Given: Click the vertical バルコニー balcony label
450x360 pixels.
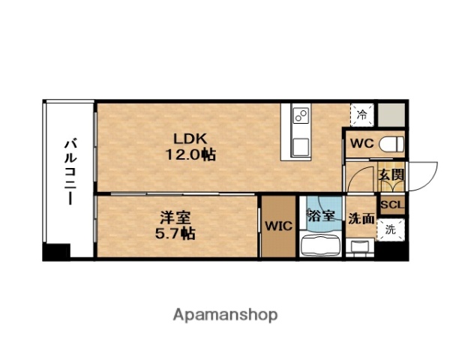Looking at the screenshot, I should pyautogui.click(x=68, y=172).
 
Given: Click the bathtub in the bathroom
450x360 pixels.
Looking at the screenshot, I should pyautogui.click(x=320, y=246).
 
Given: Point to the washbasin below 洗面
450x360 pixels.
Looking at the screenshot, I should pyautogui.click(x=361, y=247).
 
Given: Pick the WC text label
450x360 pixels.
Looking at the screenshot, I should pyautogui.click(x=359, y=142).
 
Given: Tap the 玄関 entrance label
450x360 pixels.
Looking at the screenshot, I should pyautogui.click(x=391, y=175).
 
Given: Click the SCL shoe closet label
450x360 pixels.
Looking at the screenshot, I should pyautogui.click(x=391, y=205).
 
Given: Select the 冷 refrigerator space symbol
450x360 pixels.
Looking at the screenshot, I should pyautogui.click(x=361, y=115).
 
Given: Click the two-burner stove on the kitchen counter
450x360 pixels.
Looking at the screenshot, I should pyautogui.click(x=301, y=115).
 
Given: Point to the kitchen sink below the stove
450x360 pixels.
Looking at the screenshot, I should pyautogui.click(x=301, y=144).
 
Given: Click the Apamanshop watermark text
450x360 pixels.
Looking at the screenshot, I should pyautogui.click(x=225, y=314).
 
